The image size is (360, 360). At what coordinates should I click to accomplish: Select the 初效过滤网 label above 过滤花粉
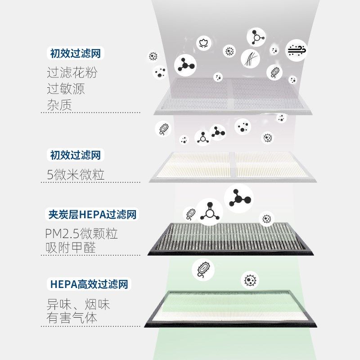tap(75, 54)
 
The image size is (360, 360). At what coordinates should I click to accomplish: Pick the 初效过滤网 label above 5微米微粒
tap(75, 156)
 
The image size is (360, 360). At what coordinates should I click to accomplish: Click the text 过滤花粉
tap(72, 72)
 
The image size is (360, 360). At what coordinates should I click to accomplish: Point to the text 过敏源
tap(66, 88)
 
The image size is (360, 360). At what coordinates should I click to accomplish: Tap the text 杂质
tap(59, 104)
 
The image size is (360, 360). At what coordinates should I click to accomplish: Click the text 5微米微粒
tap(76, 175)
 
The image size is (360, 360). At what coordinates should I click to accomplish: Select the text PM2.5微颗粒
tap(81, 234)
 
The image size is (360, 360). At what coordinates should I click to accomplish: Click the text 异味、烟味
tap(78, 304)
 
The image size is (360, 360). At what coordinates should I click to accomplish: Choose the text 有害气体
tap(72, 318)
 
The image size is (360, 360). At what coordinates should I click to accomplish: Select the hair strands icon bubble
tap(250, 59)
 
